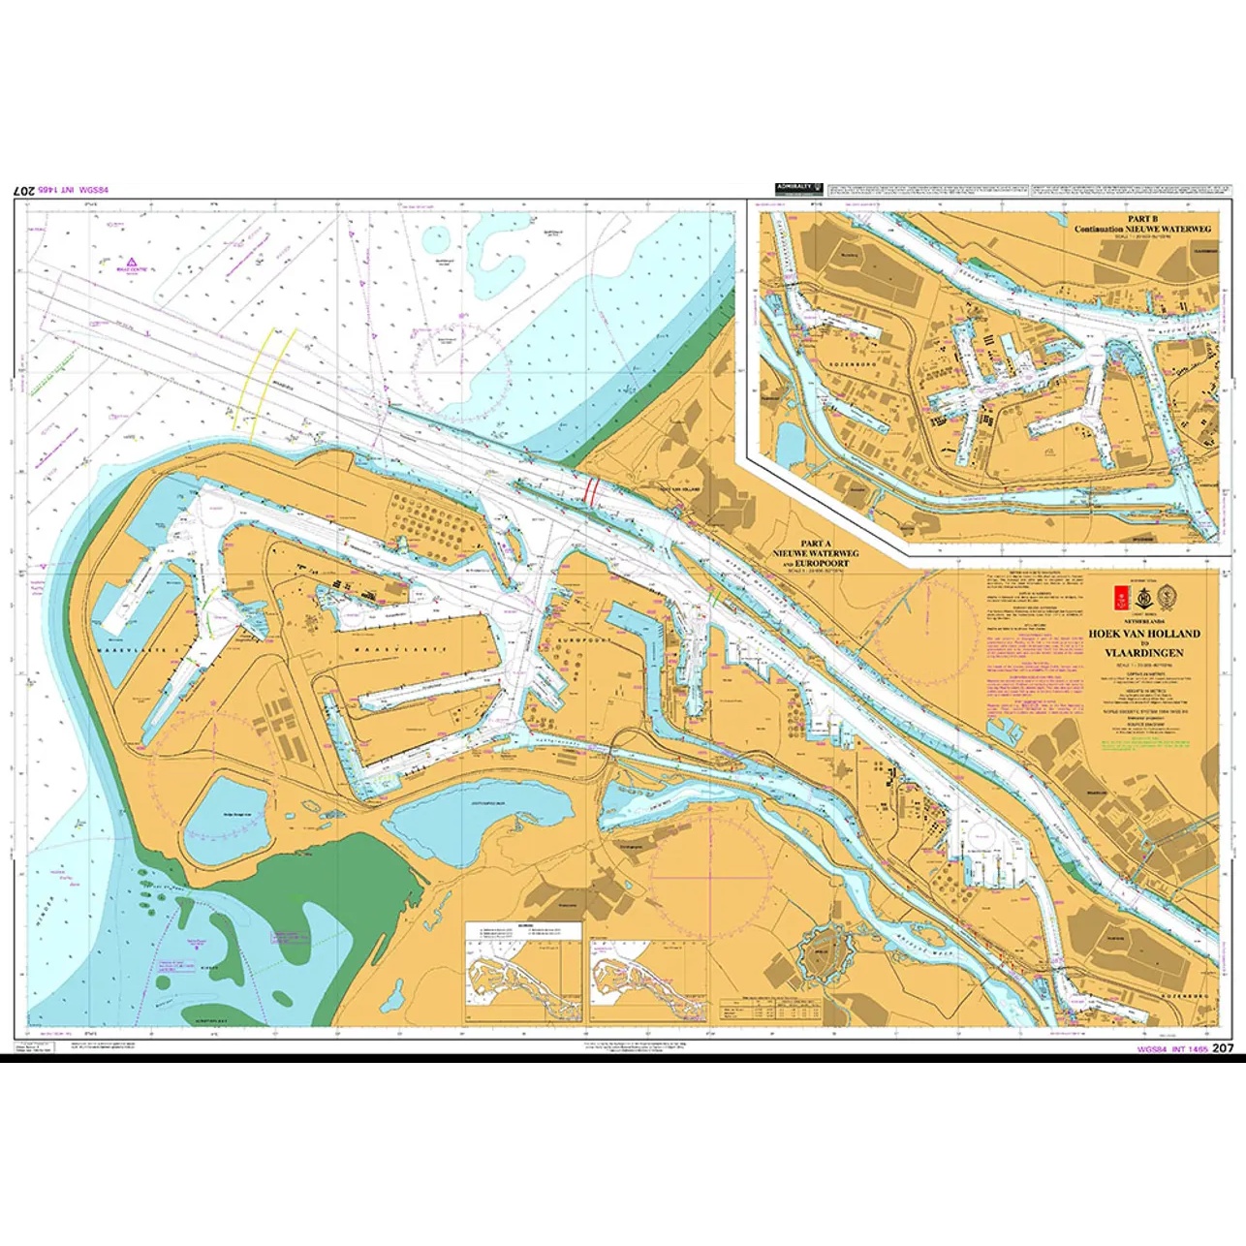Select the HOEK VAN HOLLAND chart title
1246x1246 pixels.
pos(1143,634)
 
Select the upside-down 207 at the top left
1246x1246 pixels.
pos(26,192)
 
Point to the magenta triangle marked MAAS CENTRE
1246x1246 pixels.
pos(129,261)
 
